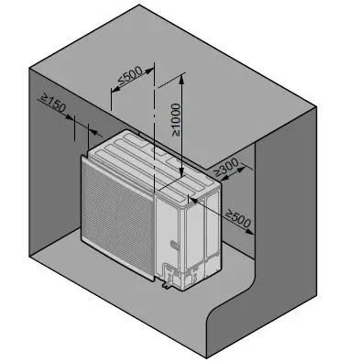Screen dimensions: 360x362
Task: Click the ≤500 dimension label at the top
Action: pos(130,83)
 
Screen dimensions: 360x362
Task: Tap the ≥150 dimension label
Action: pos(53,104)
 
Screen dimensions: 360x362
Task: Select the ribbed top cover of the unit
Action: pos(147,156)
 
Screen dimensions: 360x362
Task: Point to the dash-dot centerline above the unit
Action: pos(157,101)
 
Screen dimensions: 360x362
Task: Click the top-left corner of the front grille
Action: pos(85,158)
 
